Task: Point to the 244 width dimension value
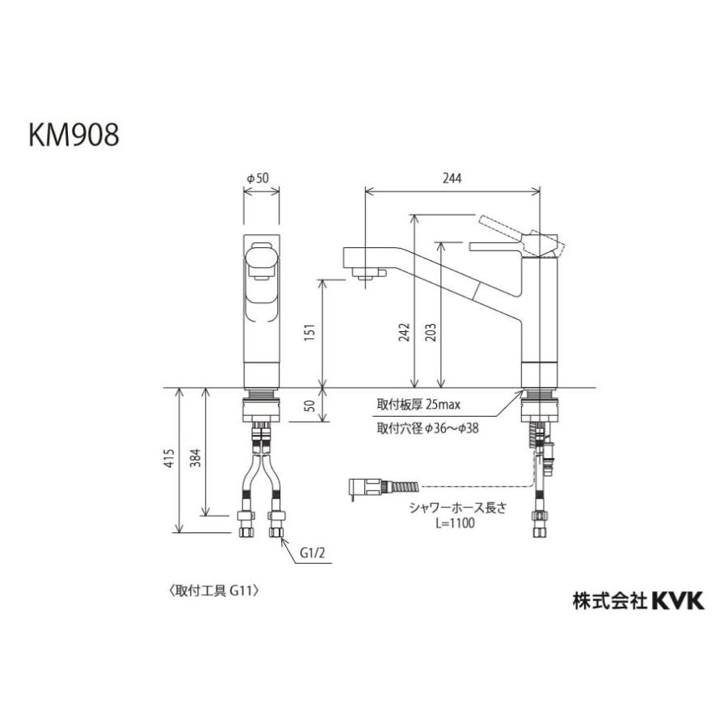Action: coord(453,179)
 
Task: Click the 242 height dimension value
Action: coord(404,333)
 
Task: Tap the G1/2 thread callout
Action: coord(313,554)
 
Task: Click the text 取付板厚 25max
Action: coord(418,405)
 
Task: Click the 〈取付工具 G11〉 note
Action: coord(212,590)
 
